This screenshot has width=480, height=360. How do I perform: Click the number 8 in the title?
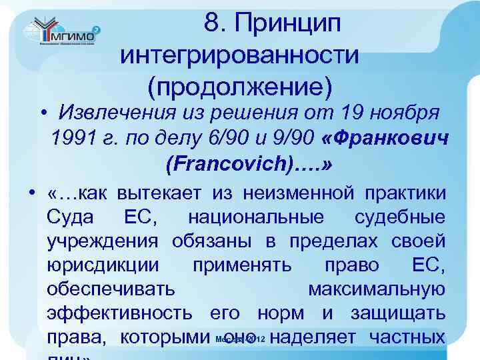coord(213,23)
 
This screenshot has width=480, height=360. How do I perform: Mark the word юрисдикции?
coord(103,265)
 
